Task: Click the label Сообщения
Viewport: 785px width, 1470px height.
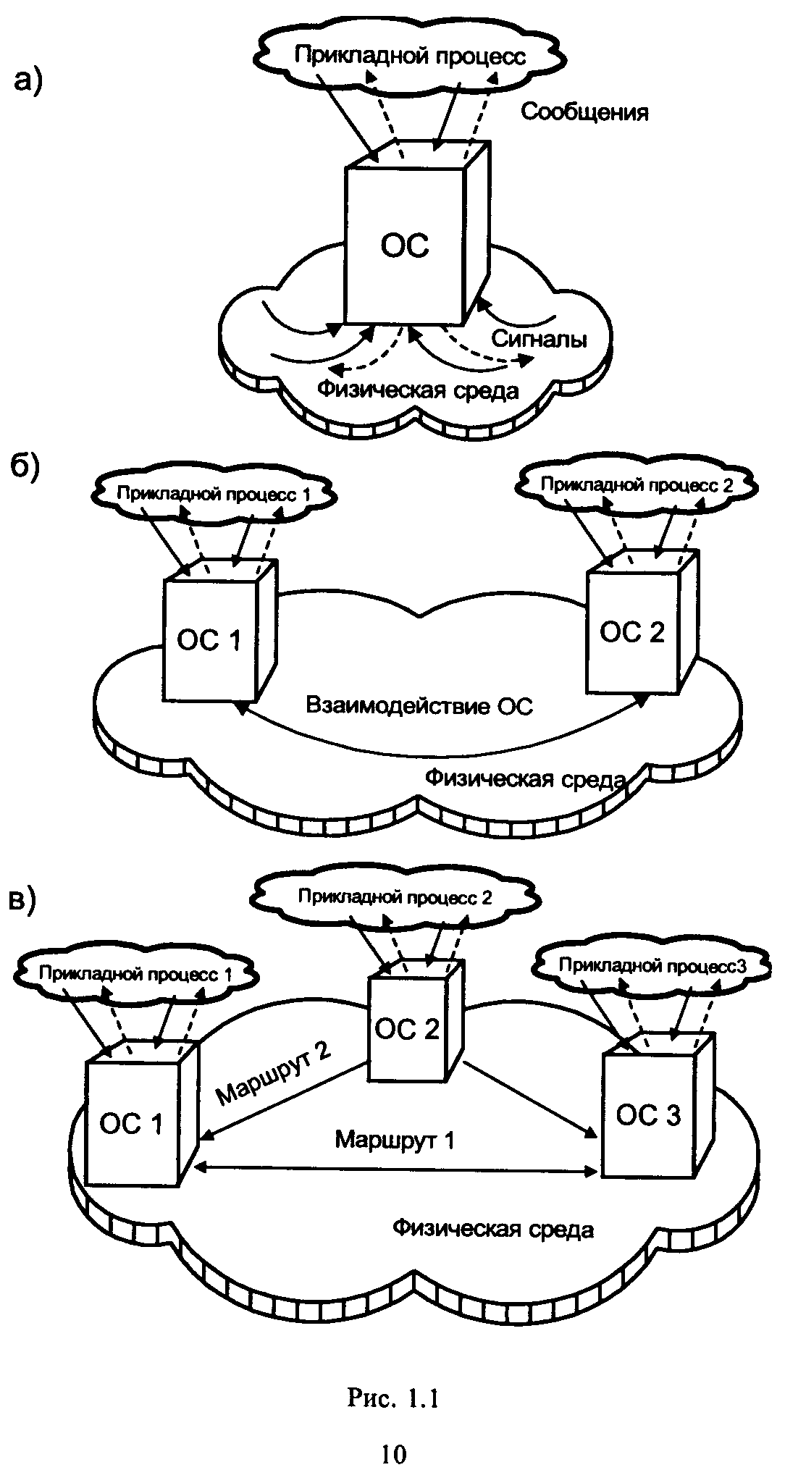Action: pos(584,112)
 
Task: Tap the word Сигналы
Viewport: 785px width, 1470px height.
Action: pos(539,339)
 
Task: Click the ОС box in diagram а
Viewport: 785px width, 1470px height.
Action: pos(404,246)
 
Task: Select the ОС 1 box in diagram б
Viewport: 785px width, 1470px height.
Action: pos(209,640)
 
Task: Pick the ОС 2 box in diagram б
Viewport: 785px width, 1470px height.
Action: pos(631,631)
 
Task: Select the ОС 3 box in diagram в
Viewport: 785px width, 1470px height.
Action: pos(647,1115)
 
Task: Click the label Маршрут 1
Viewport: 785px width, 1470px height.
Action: pos(395,1140)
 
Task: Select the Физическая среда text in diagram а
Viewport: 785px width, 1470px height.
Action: pos(419,390)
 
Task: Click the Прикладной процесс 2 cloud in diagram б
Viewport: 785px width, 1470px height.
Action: pos(637,484)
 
